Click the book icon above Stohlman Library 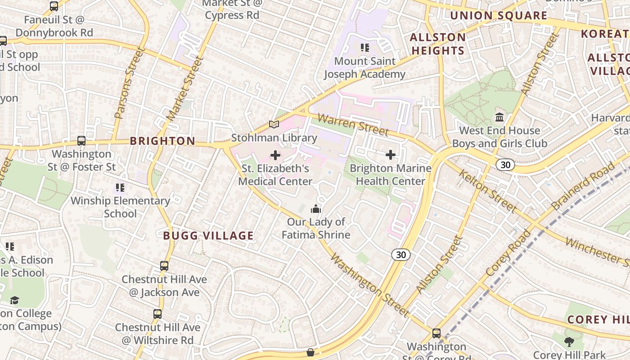click(274, 124)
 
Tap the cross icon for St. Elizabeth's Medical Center click(275, 155)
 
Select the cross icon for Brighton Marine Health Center click(391, 155)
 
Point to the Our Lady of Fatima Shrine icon click(316, 209)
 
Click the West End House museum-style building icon click(499, 117)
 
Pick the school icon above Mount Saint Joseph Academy click(364, 47)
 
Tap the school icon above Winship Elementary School click(120, 187)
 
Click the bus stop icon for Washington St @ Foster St click(81, 141)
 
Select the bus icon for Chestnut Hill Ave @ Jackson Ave click(164, 266)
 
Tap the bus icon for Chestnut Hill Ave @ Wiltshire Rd click(157, 314)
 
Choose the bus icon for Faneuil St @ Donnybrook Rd click(54, 6)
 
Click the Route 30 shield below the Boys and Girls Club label click(505, 165)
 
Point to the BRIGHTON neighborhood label click(162, 141)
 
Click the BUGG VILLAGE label click(208, 235)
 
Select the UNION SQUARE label click(499, 16)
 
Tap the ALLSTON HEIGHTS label click(438, 44)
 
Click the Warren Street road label click(353, 125)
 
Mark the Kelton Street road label click(487, 190)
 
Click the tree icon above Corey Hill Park click(569, 342)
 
